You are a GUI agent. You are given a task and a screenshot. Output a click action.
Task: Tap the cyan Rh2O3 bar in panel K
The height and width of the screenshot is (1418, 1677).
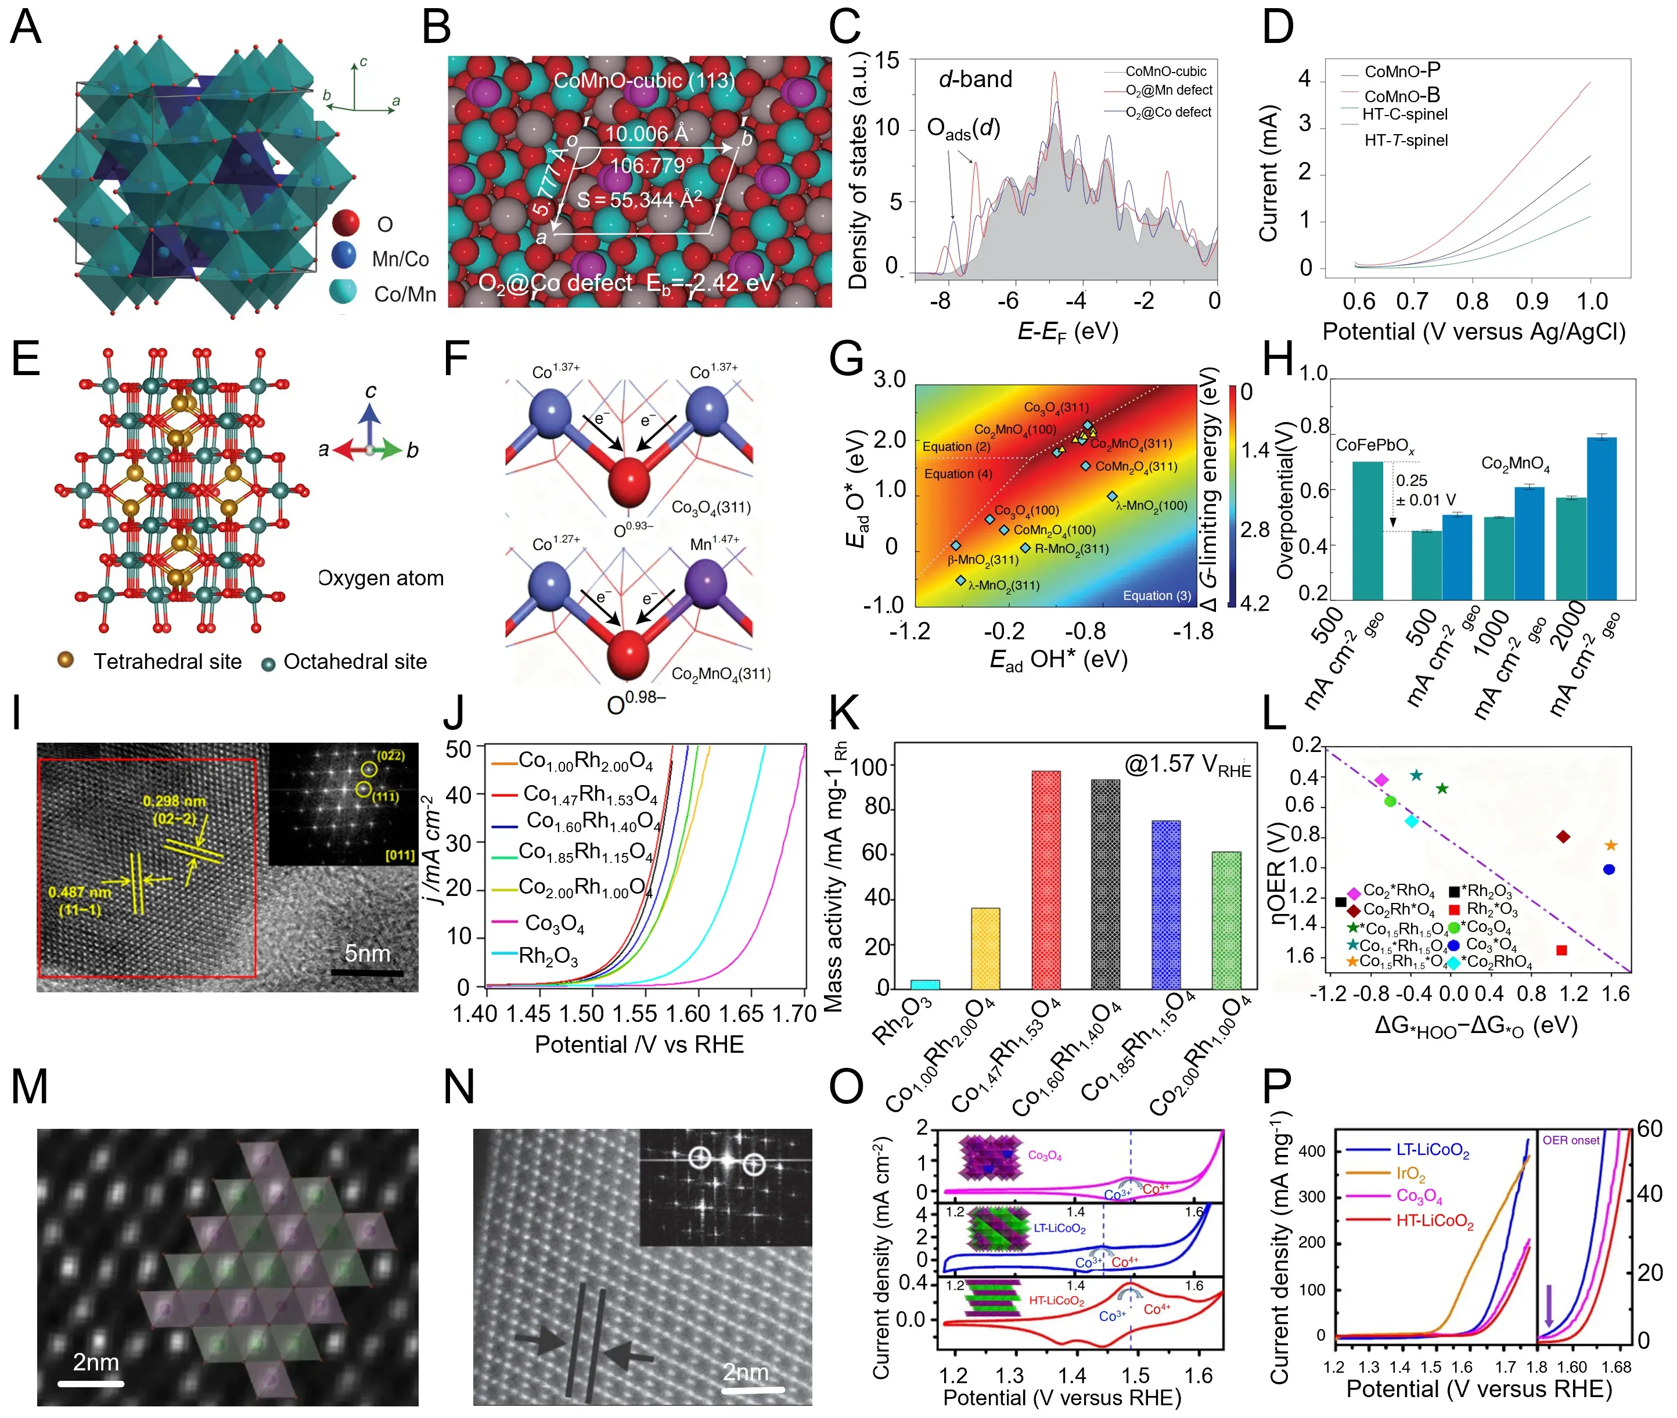click(924, 983)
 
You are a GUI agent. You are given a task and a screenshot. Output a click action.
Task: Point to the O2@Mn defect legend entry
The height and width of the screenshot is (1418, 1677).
click(1168, 91)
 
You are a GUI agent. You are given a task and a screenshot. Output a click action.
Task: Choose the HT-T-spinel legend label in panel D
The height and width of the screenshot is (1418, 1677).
click(1405, 141)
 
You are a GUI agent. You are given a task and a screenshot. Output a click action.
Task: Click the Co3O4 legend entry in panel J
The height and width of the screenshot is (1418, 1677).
click(554, 923)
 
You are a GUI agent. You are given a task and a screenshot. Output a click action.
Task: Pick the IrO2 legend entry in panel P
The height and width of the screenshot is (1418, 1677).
click(1410, 1174)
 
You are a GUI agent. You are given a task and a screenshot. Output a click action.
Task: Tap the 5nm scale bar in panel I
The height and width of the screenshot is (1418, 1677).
click(366, 972)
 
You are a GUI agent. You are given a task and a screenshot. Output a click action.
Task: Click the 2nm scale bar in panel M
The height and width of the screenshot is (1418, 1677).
click(91, 1383)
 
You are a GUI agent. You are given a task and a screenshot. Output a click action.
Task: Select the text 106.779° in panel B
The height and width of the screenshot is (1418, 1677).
click(651, 167)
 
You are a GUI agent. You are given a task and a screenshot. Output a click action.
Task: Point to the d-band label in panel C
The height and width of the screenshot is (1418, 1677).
click(975, 79)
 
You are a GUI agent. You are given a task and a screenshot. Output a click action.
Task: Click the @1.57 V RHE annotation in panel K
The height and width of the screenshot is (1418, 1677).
click(1187, 765)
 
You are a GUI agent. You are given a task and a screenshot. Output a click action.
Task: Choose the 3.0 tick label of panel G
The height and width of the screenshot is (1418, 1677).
click(889, 379)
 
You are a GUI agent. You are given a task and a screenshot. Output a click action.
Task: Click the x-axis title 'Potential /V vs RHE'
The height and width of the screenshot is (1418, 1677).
click(639, 1044)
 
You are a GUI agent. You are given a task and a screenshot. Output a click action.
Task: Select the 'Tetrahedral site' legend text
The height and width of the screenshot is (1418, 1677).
click(167, 661)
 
